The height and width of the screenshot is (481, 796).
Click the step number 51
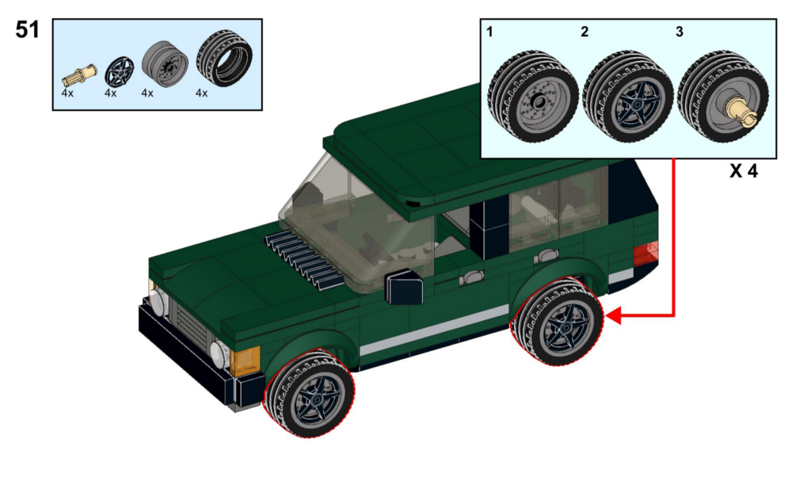click(x=28, y=29)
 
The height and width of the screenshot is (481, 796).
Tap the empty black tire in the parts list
click(x=224, y=57)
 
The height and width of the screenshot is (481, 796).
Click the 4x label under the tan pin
click(x=67, y=93)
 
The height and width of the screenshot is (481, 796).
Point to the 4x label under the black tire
click(x=201, y=93)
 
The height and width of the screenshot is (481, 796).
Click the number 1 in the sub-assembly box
click(x=489, y=32)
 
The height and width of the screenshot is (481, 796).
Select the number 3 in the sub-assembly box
click(x=680, y=32)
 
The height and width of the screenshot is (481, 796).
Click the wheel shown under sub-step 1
click(x=532, y=97)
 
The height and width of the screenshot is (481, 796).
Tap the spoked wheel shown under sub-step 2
click(x=628, y=97)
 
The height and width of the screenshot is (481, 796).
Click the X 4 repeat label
click(x=744, y=171)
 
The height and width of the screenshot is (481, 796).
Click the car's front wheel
click(x=309, y=394)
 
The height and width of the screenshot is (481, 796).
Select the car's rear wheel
click(x=558, y=322)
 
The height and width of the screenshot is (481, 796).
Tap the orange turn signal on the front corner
click(x=245, y=361)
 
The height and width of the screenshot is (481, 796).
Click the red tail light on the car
click(x=646, y=254)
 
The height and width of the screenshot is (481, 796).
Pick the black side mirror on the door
click(x=404, y=288)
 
